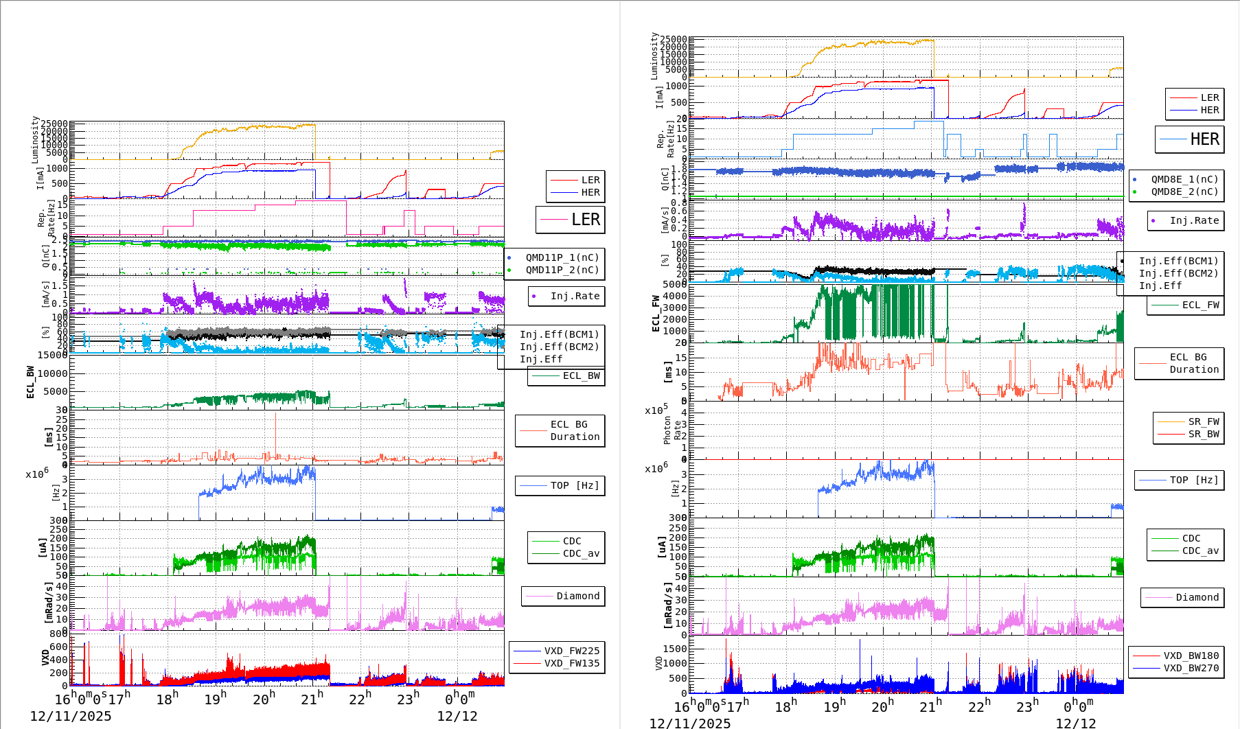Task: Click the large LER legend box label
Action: pyautogui.click(x=585, y=220)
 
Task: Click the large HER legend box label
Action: pyautogui.click(x=1204, y=139)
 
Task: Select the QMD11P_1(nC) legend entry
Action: pyautogui.click(x=562, y=257)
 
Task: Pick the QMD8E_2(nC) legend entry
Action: pyautogui.click(x=1184, y=192)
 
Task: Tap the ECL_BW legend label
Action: pyautogui.click(x=581, y=375)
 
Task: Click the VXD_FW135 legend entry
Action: pyautogui.click(x=571, y=663)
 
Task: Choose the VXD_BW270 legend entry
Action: pyautogui.click(x=1191, y=668)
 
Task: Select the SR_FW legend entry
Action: pyautogui.click(x=1204, y=421)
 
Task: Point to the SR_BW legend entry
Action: pyautogui.click(x=1204, y=434)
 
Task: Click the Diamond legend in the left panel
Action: pyautogui.click(x=577, y=596)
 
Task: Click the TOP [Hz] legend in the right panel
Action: pyautogui.click(x=1194, y=480)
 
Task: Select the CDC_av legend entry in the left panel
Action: pyautogui.click(x=581, y=553)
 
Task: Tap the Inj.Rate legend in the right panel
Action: pyautogui.click(x=1194, y=220)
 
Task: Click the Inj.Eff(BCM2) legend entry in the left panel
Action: pyautogui.click(x=559, y=347)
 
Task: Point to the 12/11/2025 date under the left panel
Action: pyautogui.click(x=71, y=716)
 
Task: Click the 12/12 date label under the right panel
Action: pyautogui.click(x=1075, y=723)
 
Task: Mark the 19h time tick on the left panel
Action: pyautogui.click(x=216, y=699)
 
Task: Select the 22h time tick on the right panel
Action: pyautogui.click(x=979, y=706)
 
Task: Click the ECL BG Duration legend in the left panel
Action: pyautogui.click(x=575, y=430)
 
